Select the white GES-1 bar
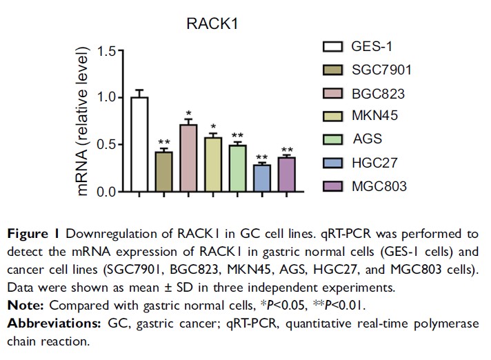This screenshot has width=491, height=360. [139, 145]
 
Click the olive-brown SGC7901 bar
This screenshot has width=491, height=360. [163, 172]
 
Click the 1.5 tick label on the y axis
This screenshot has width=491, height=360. [108, 51]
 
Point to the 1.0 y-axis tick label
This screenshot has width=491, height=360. [108, 98]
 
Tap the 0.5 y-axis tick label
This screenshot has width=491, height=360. [108, 145]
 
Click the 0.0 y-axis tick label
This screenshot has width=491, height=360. [108, 192]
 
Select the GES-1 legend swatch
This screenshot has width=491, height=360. [334, 47]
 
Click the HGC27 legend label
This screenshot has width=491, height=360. [374, 163]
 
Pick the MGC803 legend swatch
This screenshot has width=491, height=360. [334, 186]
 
